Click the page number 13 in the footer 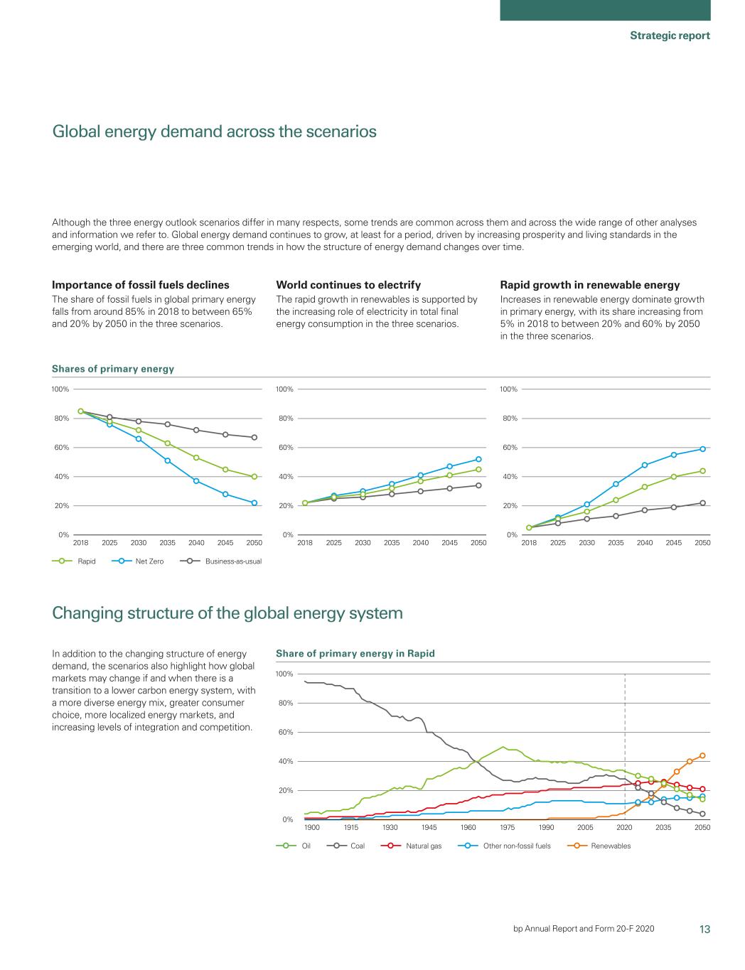coord(704,929)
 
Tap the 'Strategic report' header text coord(670,36)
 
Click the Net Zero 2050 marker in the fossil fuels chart coord(254,502)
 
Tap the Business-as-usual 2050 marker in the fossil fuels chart coord(254,437)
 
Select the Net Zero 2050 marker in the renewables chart coord(702,449)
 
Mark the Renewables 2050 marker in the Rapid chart coord(702,755)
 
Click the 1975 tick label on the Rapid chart coord(508,827)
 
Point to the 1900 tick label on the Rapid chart coord(312,827)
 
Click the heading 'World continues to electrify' coord(348,285)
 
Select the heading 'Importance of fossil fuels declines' coord(141,285)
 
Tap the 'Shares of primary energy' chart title coord(113,369)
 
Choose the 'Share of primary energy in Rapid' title coord(355,653)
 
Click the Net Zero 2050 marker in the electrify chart coord(478,459)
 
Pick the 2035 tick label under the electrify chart coord(392,542)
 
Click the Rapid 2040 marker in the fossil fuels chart coord(196,458)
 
